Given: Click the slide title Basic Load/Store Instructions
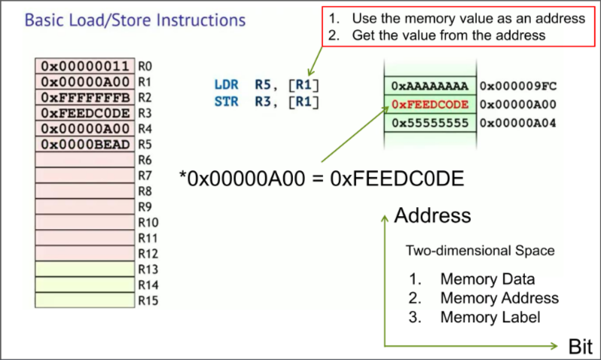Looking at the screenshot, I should [x=135, y=20].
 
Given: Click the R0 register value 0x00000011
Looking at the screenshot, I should [x=85, y=66].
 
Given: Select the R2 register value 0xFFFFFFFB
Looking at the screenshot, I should [x=85, y=97].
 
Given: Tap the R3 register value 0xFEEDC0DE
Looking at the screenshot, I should [x=85, y=113].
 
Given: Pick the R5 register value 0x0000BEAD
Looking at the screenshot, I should [x=85, y=144].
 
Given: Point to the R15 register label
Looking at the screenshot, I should [x=148, y=301].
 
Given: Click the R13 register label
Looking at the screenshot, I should [x=148, y=270].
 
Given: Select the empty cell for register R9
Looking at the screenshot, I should [x=85, y=206].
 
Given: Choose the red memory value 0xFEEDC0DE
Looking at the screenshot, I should [x=430, y=104].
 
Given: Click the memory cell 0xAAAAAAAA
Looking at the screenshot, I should [x=430, y=86].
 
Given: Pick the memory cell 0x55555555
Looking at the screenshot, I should [x=430, y=122].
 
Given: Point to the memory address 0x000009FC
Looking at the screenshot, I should [x=517, y=86].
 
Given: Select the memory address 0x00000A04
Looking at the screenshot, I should [x=517, y=122].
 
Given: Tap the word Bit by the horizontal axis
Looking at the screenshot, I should [x=581, y=347].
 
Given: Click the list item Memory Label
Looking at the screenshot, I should [x=490, y=317].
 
